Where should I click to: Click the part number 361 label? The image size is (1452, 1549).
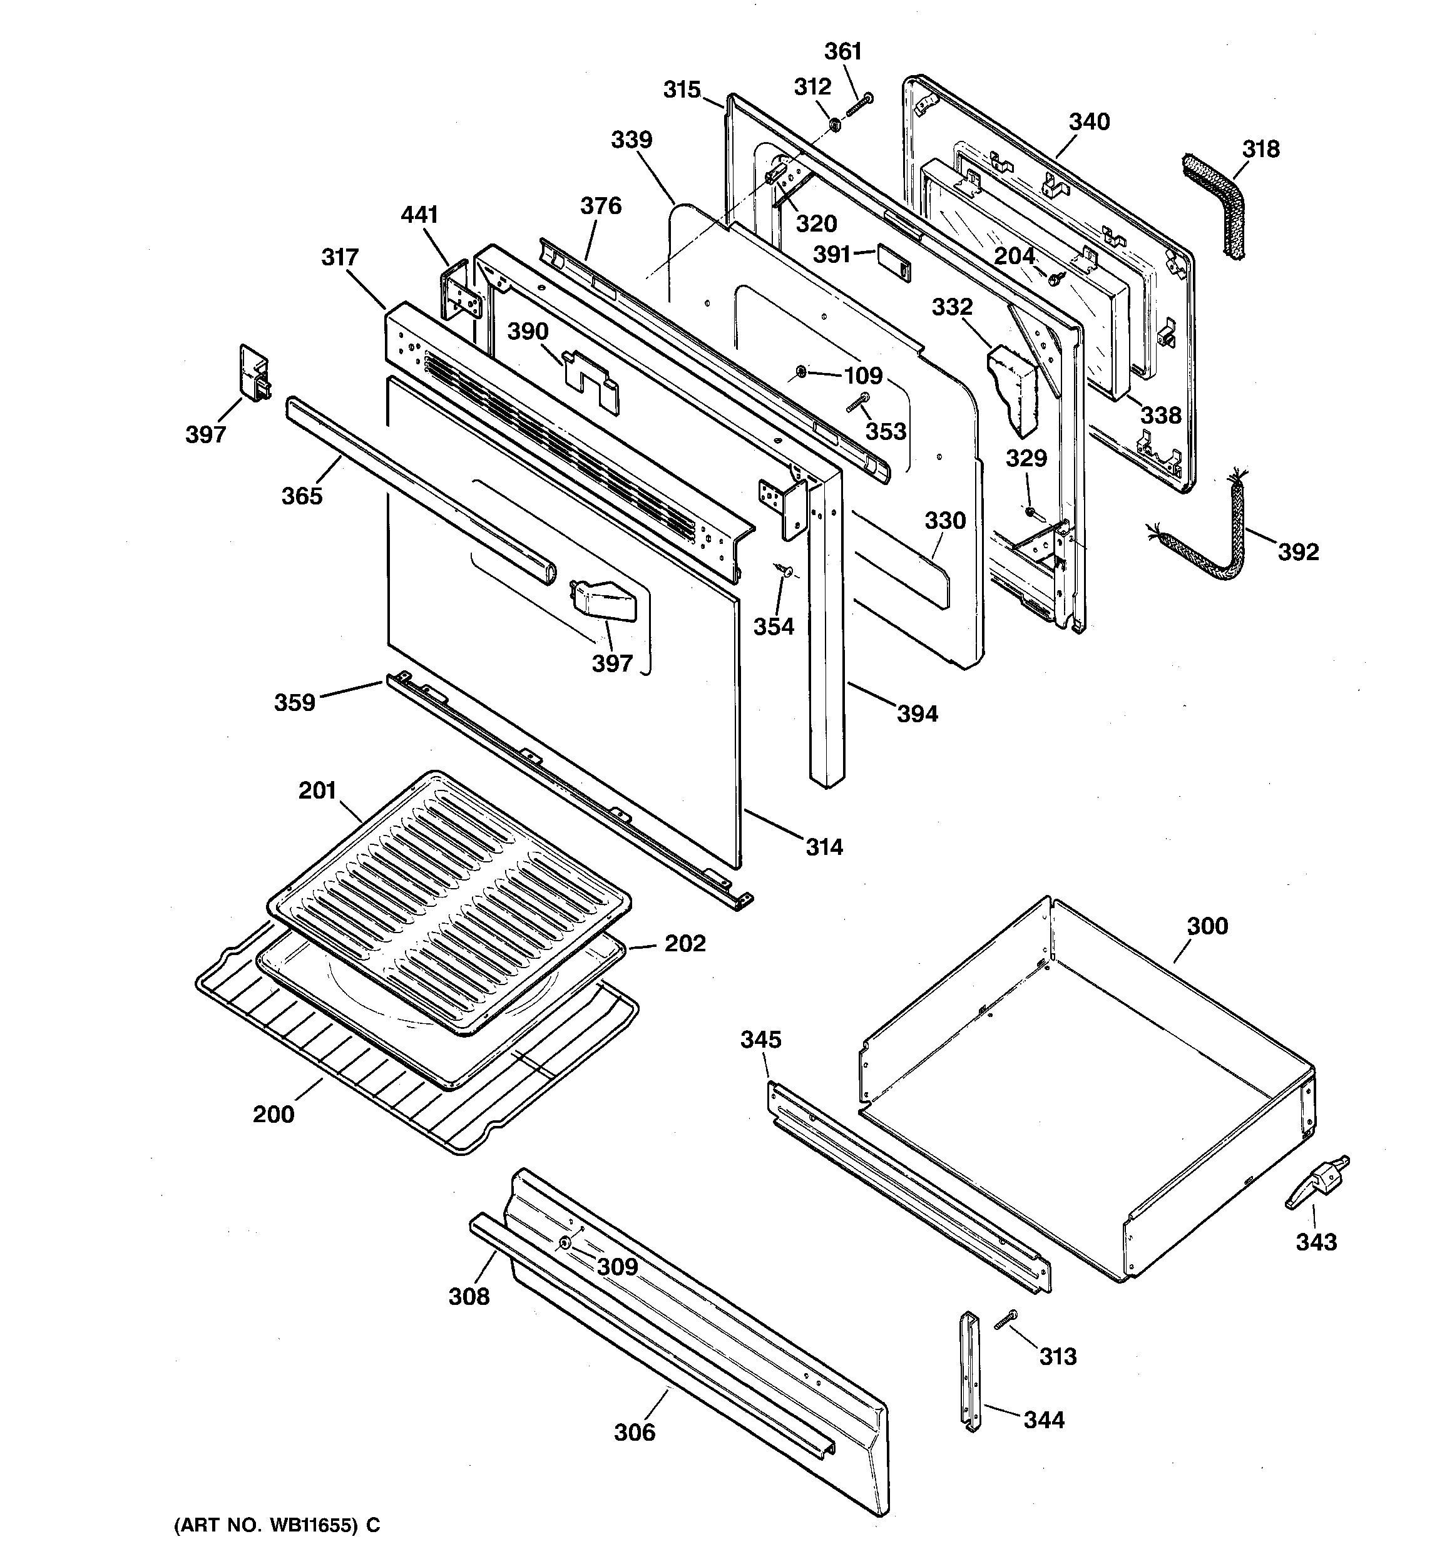coord(842,51)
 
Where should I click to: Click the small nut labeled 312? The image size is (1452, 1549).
coord(833,123)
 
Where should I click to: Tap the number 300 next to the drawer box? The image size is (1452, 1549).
coord(1207,926)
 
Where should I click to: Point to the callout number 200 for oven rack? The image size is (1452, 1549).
coord(274,1114)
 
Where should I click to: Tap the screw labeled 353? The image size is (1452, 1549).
coord(857,403)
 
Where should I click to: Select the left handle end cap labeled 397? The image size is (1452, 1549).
coord(255,372)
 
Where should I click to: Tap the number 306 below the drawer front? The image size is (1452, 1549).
coord(635,1432)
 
